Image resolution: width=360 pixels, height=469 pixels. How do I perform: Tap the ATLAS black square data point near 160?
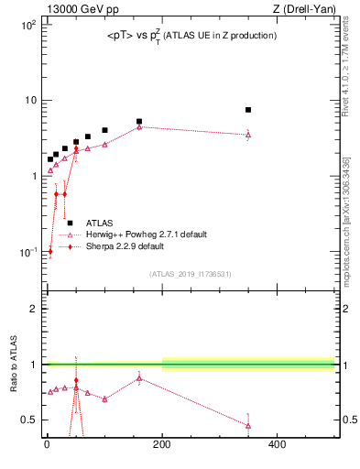139,121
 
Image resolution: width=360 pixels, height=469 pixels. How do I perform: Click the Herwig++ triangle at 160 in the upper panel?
139,127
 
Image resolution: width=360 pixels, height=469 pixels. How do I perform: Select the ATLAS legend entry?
100,223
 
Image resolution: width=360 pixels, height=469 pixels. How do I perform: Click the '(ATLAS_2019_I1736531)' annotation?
191,273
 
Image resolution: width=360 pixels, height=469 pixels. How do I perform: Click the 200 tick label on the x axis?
162,446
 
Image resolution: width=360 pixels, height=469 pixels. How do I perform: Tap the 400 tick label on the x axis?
277,446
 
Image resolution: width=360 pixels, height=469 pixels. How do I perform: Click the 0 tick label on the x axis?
47,446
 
